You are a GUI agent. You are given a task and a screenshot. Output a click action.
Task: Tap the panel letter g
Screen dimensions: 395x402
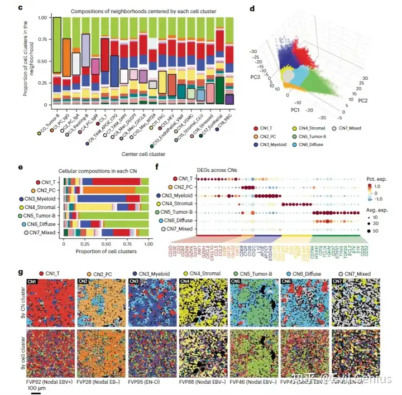(21, 273)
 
